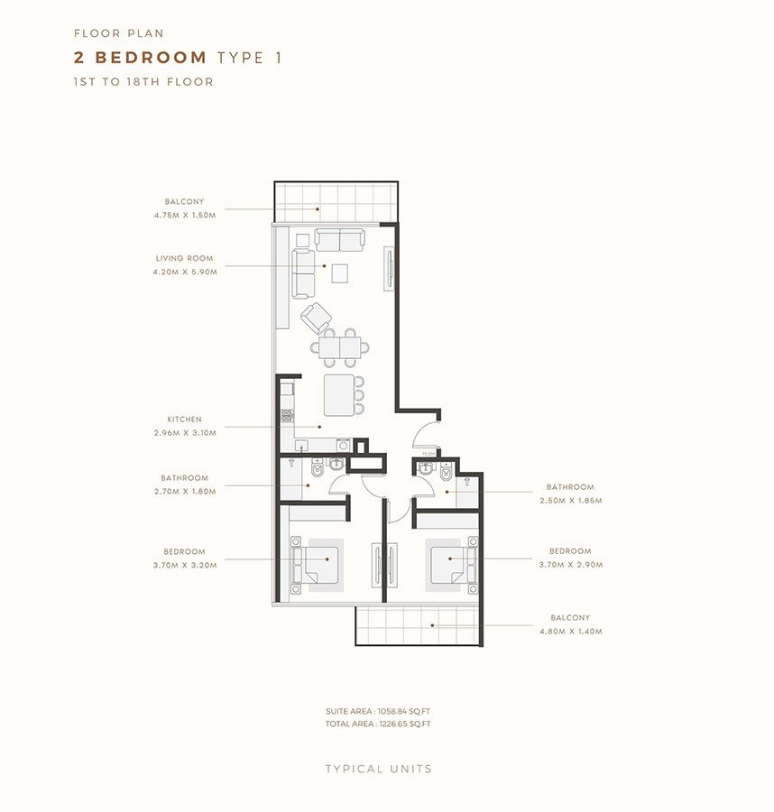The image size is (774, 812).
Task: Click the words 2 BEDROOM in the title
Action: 141,58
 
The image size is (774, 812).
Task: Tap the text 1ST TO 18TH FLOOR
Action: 143,82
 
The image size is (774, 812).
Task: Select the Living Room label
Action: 184,258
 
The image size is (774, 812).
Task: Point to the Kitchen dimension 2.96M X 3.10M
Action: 184,432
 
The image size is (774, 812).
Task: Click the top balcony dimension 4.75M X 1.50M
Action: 184,215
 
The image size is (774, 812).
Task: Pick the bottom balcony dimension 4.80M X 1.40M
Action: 570,632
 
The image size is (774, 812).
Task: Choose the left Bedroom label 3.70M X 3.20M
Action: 184,564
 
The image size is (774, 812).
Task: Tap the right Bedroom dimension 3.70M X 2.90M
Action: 570,564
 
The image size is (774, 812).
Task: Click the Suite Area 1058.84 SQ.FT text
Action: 378,712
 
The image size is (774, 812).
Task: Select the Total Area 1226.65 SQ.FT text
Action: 378,724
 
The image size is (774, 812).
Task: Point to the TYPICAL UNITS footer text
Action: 379,770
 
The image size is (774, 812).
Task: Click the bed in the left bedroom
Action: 320,565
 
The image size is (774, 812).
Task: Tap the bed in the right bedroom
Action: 448,565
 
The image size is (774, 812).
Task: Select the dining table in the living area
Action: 340,347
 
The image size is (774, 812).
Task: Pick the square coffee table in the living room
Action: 341,272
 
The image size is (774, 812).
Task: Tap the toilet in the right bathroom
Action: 446,472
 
